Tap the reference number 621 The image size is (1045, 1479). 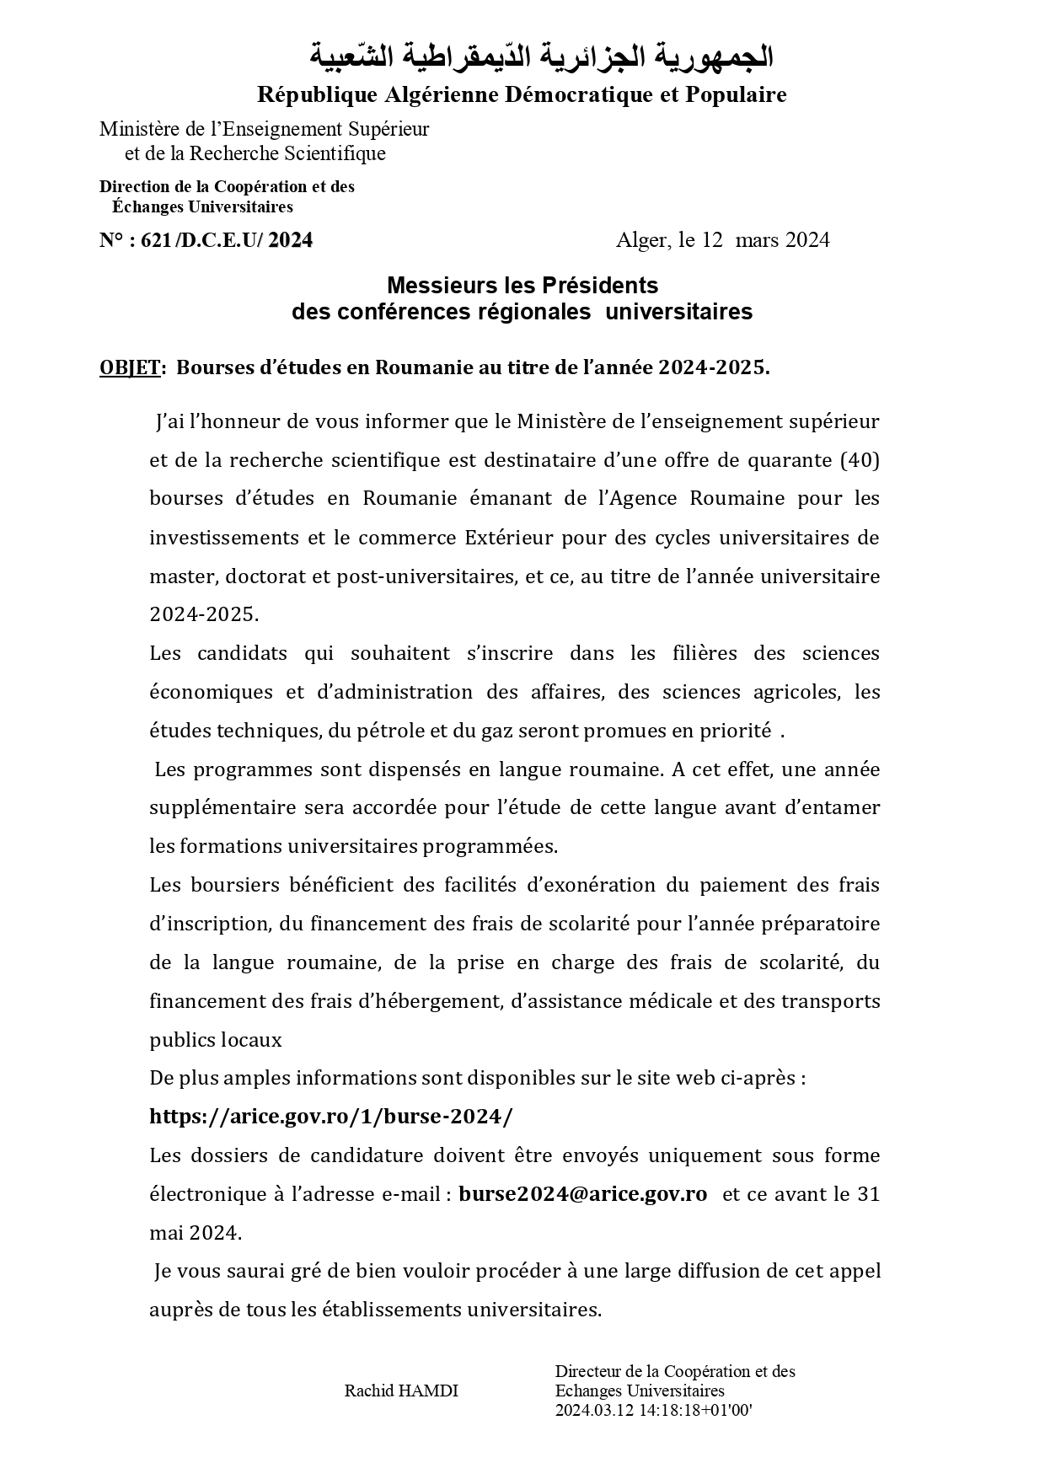coord(157,240)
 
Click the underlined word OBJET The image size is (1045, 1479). coord(130,368)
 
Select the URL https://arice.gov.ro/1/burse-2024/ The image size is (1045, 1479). coord(330,1117)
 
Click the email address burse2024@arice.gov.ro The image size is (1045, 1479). coord(582,1194)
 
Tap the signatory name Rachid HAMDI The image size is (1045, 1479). coord(401,1391)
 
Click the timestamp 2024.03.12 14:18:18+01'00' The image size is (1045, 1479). coord(653,1410)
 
